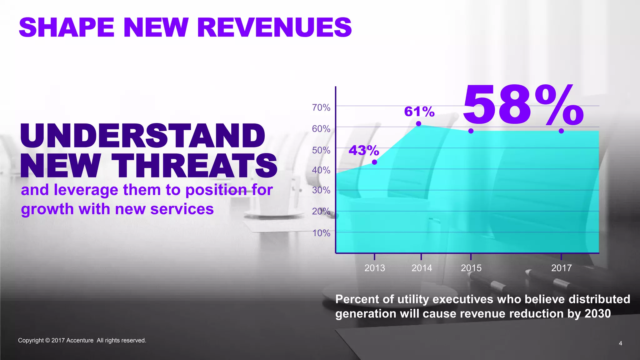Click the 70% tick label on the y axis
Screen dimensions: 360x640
(321, 107)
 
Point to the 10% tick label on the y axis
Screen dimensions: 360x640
(321, 233)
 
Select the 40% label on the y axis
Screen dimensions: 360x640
(321, 170)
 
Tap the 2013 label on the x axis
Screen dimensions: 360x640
(375, 268)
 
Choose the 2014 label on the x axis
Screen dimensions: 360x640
(422, 268)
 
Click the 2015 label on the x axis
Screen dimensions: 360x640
(471, 268)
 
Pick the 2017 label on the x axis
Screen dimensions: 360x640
(561, 268)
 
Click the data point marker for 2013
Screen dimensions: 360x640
(374, 162)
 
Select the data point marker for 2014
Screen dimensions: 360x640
(418, 124)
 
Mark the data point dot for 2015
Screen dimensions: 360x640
(471, 131)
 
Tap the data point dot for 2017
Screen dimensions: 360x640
(561, 131)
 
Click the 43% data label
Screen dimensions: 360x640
(364, 151)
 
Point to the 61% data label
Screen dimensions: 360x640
(419, 112)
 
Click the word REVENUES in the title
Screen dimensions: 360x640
(274, 27)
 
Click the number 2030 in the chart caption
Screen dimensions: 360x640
(597, 313)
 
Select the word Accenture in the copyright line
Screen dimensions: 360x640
(80, 340)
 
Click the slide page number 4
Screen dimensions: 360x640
(620, 343)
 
